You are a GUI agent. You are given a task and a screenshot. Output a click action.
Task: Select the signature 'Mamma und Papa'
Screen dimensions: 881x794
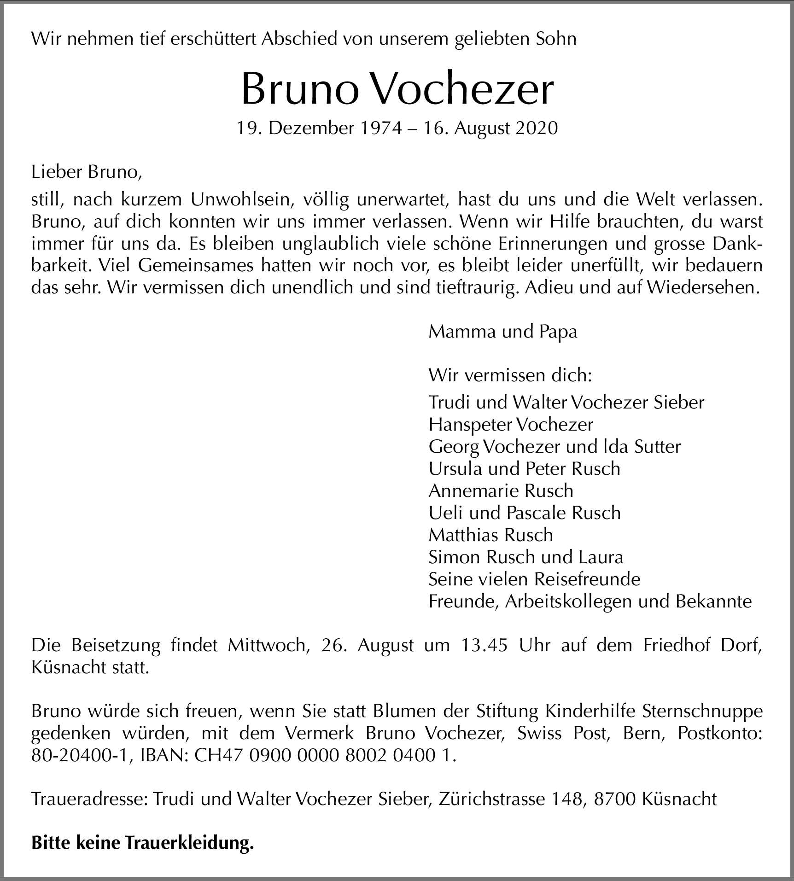coord(502,332)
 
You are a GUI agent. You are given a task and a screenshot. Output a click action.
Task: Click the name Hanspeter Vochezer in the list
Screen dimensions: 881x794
coord(511,424)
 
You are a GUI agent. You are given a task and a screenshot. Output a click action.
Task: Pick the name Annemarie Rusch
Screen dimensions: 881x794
coord(501,490)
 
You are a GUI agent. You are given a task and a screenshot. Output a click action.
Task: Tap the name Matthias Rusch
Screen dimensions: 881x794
coord(490,535)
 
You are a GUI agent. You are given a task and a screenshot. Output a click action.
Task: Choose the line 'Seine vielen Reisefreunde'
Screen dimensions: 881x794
coord(534,579)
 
